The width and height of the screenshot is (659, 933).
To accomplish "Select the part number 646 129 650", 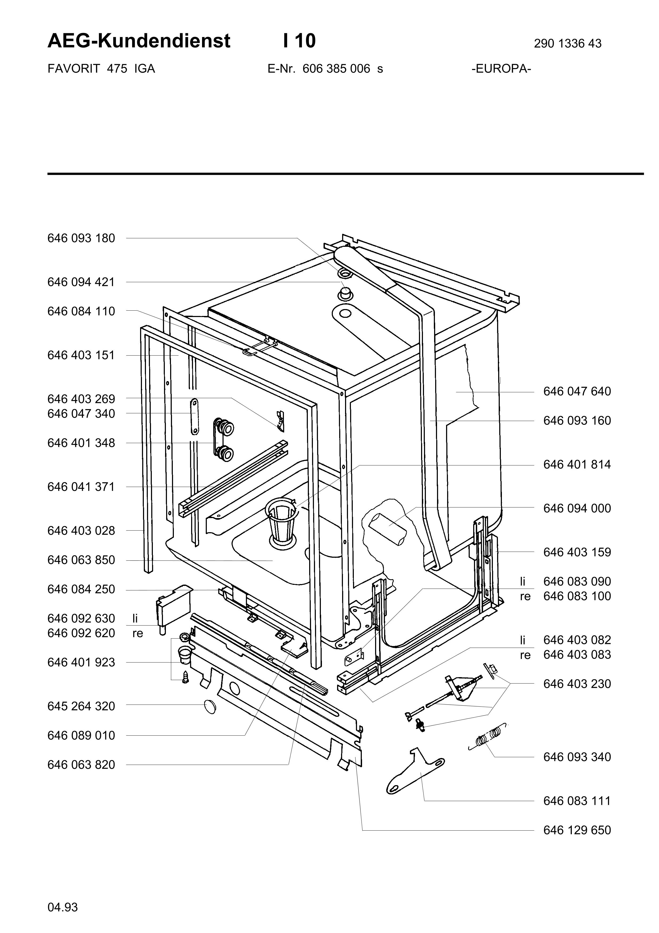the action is click(x=577, y=830).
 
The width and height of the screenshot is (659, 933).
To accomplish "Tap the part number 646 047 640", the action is click(x=577, y=391).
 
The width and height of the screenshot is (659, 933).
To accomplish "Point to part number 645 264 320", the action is click(x=81, y=706).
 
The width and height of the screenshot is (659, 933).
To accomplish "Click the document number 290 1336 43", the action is click(x=568, y=43).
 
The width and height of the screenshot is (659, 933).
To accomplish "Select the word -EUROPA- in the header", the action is click(x=501, y=69).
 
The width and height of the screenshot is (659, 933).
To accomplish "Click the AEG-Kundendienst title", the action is click(x=139, y=41).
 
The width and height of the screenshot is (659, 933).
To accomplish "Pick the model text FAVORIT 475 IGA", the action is click(x=102, y=69).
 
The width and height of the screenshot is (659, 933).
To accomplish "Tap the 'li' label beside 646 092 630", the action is click(x=135, y=618).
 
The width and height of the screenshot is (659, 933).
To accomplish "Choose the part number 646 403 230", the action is click(x=577, y=684).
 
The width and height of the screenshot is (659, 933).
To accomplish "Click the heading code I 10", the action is click(x=299, y=41).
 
